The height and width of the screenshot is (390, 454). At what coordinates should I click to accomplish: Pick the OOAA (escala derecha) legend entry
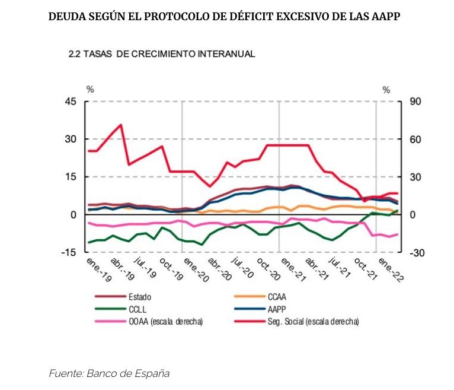tap(165, 321)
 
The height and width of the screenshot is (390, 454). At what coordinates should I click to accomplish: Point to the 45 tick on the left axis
tap(71, 102)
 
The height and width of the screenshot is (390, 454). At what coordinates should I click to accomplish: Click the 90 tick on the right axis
tap(414, 102)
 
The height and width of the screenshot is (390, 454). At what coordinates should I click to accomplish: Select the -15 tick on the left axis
tap(70, 252)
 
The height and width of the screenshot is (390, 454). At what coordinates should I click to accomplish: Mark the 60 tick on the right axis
tap(414, 139)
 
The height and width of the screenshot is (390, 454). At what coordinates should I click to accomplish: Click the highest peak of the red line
tap(121, 125)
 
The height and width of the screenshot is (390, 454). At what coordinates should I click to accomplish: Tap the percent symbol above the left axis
tap(90, 90)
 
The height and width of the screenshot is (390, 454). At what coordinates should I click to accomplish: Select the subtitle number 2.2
tap(75, 54)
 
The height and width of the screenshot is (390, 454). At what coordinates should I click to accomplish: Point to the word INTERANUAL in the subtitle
tap(226, 54)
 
